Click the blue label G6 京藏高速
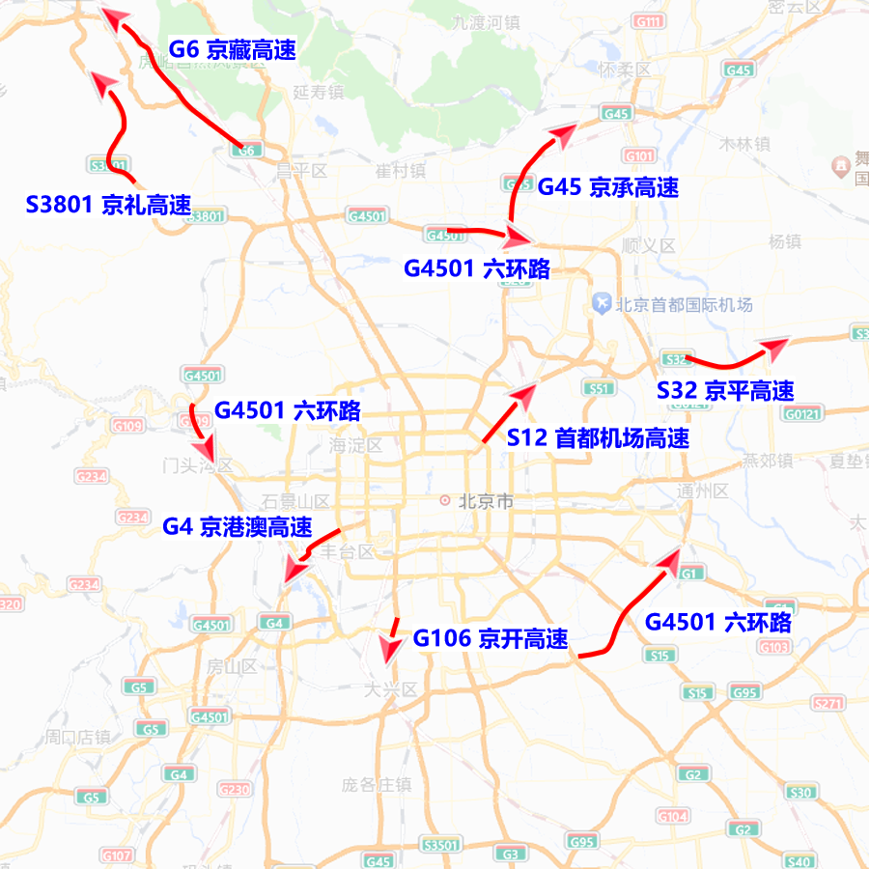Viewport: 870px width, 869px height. [232, 49]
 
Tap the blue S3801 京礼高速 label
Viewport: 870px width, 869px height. [108, 205]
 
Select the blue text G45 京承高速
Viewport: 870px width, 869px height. [607, 187]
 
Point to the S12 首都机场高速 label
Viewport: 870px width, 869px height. [598, 437]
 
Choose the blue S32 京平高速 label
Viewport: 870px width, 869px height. [725, 391]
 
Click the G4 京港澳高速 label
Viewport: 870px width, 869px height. [238, 527]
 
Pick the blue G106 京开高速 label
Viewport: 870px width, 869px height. [491, 638]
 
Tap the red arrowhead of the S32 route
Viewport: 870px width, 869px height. [775, 344]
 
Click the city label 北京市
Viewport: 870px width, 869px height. [485, 501]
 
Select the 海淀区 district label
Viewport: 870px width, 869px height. [355, 446]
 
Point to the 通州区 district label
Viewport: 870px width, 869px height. [702, 491]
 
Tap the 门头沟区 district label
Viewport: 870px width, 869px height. [197, 466]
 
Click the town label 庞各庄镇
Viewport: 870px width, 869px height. [376, 784]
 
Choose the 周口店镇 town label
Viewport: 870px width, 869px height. [76, 738]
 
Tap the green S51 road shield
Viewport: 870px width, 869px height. [599, 388]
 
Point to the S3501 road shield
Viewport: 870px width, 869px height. [442, 844]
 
